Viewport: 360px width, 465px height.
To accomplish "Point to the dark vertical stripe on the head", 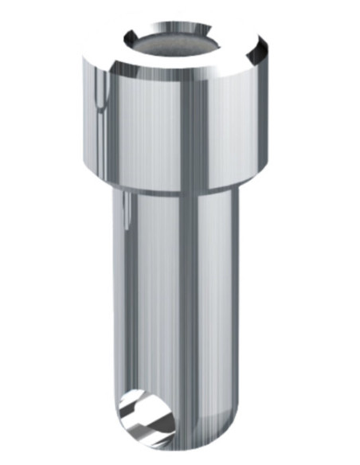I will (x=185, y=119).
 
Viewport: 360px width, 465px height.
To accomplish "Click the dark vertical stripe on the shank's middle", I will (x=189, y=318).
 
